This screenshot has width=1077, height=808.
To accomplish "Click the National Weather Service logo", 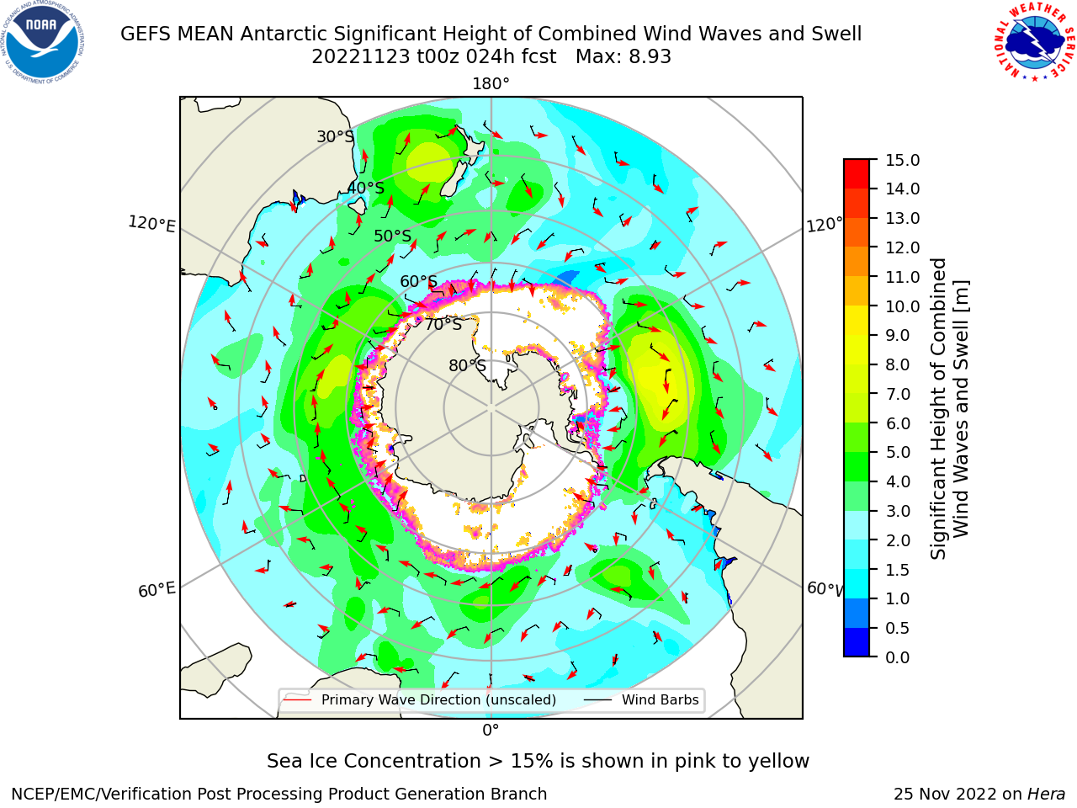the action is click(x=1035, y=42).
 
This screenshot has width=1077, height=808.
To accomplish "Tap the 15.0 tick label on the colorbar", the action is click(x=902, y=160).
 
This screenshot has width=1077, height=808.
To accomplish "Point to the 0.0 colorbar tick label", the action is click(x=898, y=657).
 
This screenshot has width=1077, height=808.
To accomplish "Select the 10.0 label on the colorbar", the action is click(x=902, y=306).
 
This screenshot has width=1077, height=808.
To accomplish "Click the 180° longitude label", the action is click(x=491, y=84).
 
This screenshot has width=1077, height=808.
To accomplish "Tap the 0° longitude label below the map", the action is click(x=491, y=731).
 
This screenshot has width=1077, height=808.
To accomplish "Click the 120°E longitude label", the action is click(x=151, y=224).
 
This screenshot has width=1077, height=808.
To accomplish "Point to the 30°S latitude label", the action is click(x=335, y=136).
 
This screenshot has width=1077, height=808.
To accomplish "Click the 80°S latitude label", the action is click(x=467, y=365).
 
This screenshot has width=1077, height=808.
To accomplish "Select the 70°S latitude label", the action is click(x=443, y=325).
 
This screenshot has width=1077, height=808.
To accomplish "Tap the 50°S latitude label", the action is click(x=393, y=236).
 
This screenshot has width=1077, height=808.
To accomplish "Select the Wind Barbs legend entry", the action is click(x=641, y=700).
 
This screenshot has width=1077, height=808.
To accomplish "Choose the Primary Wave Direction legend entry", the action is click(x=420, y=700).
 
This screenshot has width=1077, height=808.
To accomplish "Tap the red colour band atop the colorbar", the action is click(x=857, y=174).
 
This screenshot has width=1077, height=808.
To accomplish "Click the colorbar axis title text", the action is click(x=949, y=409).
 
